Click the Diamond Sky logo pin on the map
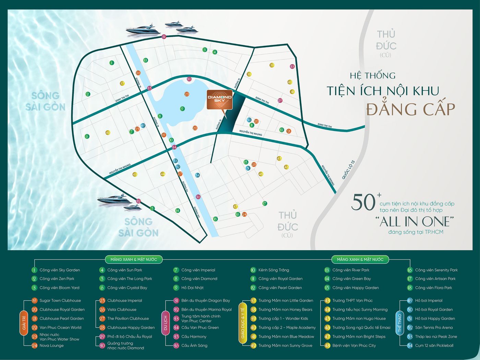click(x=219, y=100)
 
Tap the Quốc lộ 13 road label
click(x=348, y=169)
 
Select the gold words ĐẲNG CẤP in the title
click(x=410, y=109)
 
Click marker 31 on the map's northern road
click(x=164, y=37)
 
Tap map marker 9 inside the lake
click(x=182, y=109)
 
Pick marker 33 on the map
click(x=292, y=67)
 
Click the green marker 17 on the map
click(x=265, y=204)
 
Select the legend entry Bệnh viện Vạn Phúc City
click(x=354, y=346)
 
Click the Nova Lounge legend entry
click(x=51, y=346)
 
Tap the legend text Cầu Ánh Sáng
click(x=194, y=346)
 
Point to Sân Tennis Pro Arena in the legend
click(x=434, y=327)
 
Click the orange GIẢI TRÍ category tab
click(x=24, y=323)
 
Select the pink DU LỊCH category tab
click(x=166, y=323)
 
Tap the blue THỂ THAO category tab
click(x=399, y=323)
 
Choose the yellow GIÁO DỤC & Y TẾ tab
click(x=243, y=323)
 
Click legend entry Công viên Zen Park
click(x=57, y=279)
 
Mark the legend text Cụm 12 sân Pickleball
click(x=434, y=346)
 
